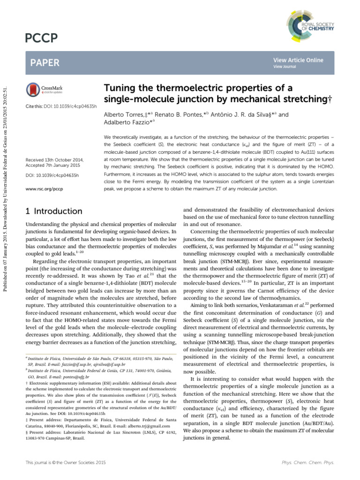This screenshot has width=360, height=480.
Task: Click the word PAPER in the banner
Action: [44, 62]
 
